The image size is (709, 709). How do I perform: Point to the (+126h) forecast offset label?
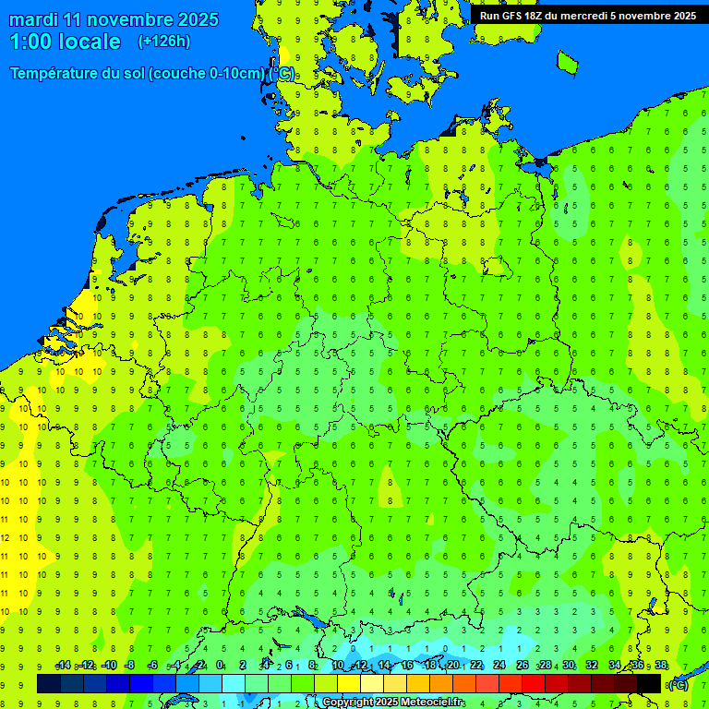click(x=163, y=41)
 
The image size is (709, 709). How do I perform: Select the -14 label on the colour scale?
click(x=63, y=665)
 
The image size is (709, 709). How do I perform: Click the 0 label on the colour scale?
click(x=220, y=665)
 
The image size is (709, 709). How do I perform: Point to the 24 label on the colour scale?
click(x=499, y=665)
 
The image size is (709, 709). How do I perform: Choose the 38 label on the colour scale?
click(x=661, y=665)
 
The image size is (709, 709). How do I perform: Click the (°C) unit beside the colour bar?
click(x=678, y=684)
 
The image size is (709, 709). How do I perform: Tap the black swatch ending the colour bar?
click(x=649, y=684)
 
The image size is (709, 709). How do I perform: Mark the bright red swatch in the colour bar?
click(x=534, y=684)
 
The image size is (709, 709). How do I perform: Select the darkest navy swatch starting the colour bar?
click(x=49, y=684)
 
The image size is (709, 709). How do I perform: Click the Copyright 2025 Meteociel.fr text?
click(x=393, y=703)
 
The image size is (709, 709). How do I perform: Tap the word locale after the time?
click(x=90, y=42)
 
